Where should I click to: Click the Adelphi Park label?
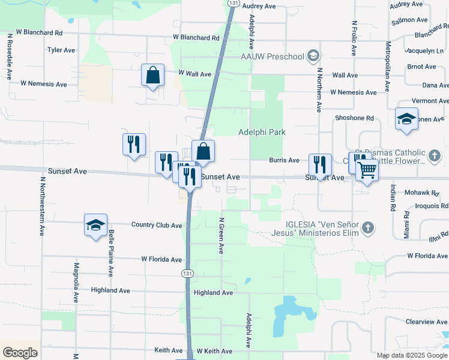(261, 132)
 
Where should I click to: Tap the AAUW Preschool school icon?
(312, 56)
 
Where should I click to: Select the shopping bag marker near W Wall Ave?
(152, 76)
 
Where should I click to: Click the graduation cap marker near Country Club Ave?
(95, 225)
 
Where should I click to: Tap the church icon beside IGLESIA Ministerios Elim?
(369, 228)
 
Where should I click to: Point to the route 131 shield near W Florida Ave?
(187, 273)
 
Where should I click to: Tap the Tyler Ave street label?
(60, 50)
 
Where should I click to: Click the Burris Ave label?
(284, 160)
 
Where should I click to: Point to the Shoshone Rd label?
(354, 118)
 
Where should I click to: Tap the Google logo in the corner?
(20, 353)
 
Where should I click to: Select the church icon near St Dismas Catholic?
(435, 156)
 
